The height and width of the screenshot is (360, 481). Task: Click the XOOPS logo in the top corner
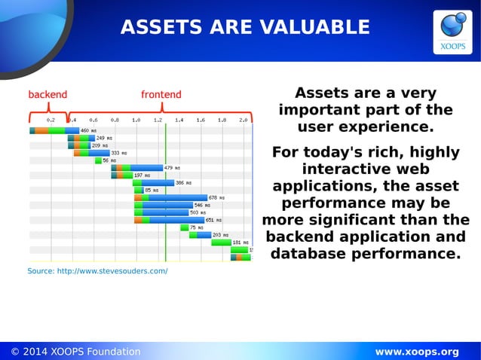(452, 32)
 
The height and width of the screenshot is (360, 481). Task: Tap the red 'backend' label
(47, 95)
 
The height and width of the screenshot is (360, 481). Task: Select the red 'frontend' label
(161, 95)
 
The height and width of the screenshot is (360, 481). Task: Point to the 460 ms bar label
(88, 130)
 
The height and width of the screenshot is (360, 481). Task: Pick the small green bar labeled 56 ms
(98, 160)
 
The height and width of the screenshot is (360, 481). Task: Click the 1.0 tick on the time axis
(136, 120)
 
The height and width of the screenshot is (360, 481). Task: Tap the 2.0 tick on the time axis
(243, 120)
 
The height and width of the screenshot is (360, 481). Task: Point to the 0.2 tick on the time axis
(51, 120)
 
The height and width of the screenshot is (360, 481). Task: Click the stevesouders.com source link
(97, 271)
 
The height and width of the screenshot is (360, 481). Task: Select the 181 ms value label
(240, 243)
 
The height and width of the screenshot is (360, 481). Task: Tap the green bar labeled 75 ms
(183, 227)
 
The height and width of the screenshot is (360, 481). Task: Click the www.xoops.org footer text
(417, 352)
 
